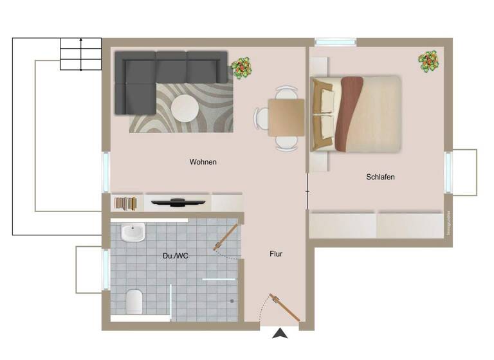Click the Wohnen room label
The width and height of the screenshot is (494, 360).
[x=203, y=162]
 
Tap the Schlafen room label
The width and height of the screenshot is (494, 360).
[x=380, y=177]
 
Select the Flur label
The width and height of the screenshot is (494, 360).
[x=275, y=254]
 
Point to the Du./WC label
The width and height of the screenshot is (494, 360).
[x=175, y=256]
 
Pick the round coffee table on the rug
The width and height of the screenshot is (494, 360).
[x=185, y=108]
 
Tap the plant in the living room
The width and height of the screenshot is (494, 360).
[x=241, y=67]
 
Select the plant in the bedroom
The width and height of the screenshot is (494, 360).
[x=428, y=62]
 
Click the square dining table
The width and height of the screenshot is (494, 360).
[x=286, y=118]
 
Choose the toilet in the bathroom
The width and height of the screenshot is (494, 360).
[x=134, y=301]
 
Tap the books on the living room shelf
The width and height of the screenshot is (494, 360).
[x=126, y=203]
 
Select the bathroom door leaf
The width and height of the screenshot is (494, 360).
[x=226, y=237]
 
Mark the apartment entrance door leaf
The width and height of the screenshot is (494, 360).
[x=285, y=308]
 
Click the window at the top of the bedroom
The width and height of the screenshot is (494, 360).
[x=335, y=42]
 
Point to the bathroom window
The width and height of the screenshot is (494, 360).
[x=105, y=269]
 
